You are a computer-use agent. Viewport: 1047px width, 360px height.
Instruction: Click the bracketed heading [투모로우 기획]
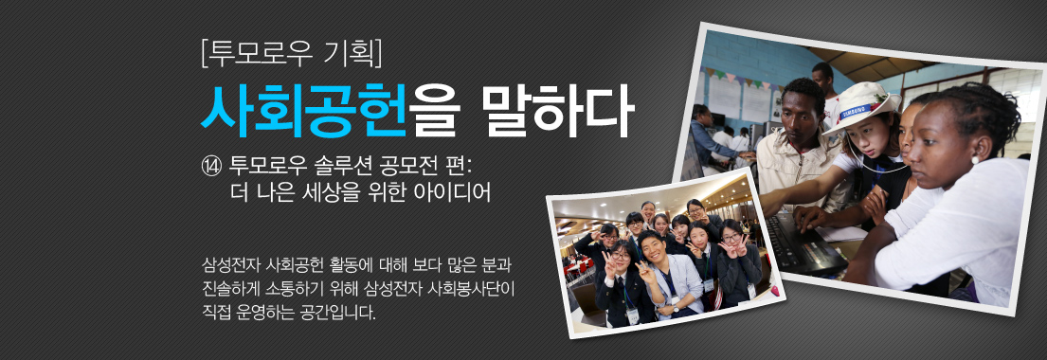coord(291,55)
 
